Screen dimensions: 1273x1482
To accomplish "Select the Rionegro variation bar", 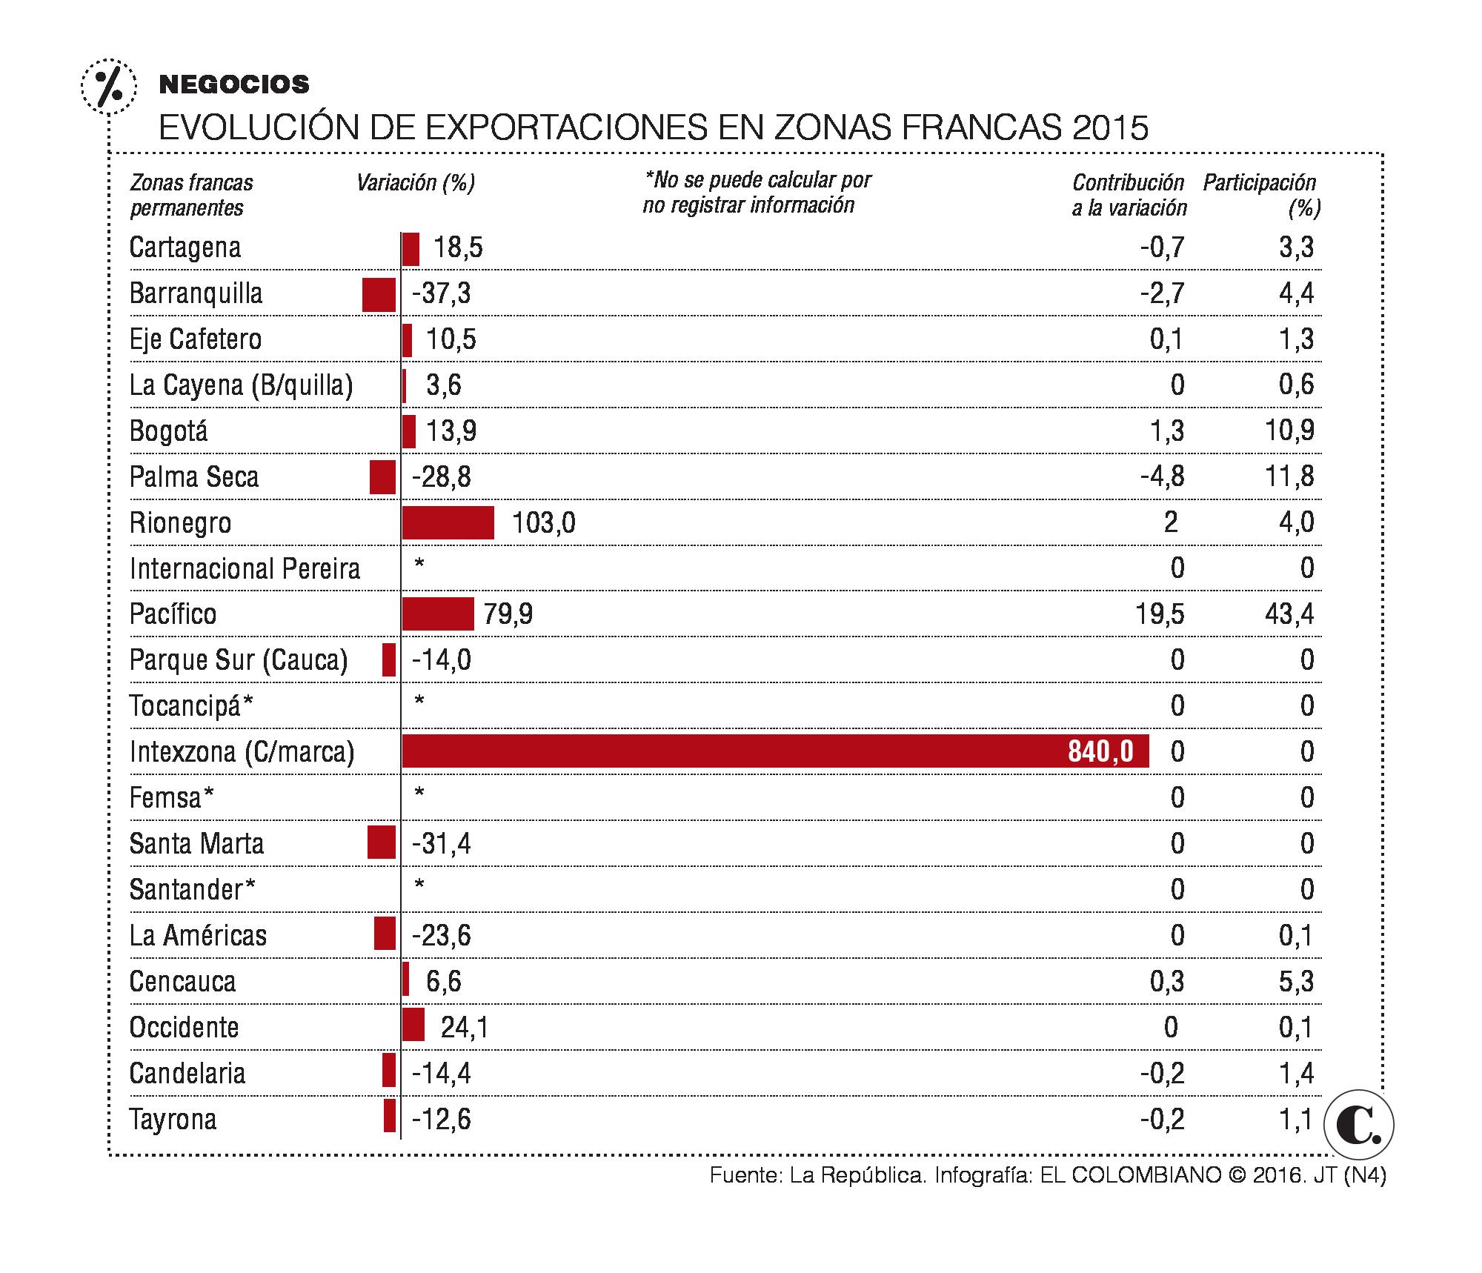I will [x=448, y=522].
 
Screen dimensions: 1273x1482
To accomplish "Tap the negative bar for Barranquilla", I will [x=379, y=294].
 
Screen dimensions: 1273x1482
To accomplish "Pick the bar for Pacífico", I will [x=438, y=614].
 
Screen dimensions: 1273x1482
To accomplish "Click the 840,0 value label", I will [x=1100, y=752].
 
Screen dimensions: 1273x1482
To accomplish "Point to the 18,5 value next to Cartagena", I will [x=458, y=247].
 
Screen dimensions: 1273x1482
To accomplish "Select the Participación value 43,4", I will [x=1289, y=614].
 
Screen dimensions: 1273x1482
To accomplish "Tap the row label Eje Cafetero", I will [x=196, y=339].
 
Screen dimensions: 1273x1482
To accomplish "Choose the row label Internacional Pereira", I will [x=245, y=569].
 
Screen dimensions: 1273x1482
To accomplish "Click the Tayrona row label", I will [x=173, y=1119].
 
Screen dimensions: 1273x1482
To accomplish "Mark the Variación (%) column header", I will [x=416, y=183].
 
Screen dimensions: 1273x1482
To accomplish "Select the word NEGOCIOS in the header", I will [x=234, y=84].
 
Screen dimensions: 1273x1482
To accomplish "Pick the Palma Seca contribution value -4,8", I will [x=1162, y=476].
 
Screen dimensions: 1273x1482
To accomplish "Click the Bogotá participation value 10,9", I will [x=1289, y=431].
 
